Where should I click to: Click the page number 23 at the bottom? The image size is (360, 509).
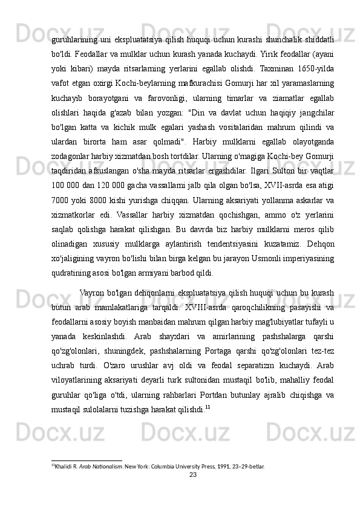(x=194, y=476)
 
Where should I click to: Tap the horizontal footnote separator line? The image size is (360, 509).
(x=87, y=460)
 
